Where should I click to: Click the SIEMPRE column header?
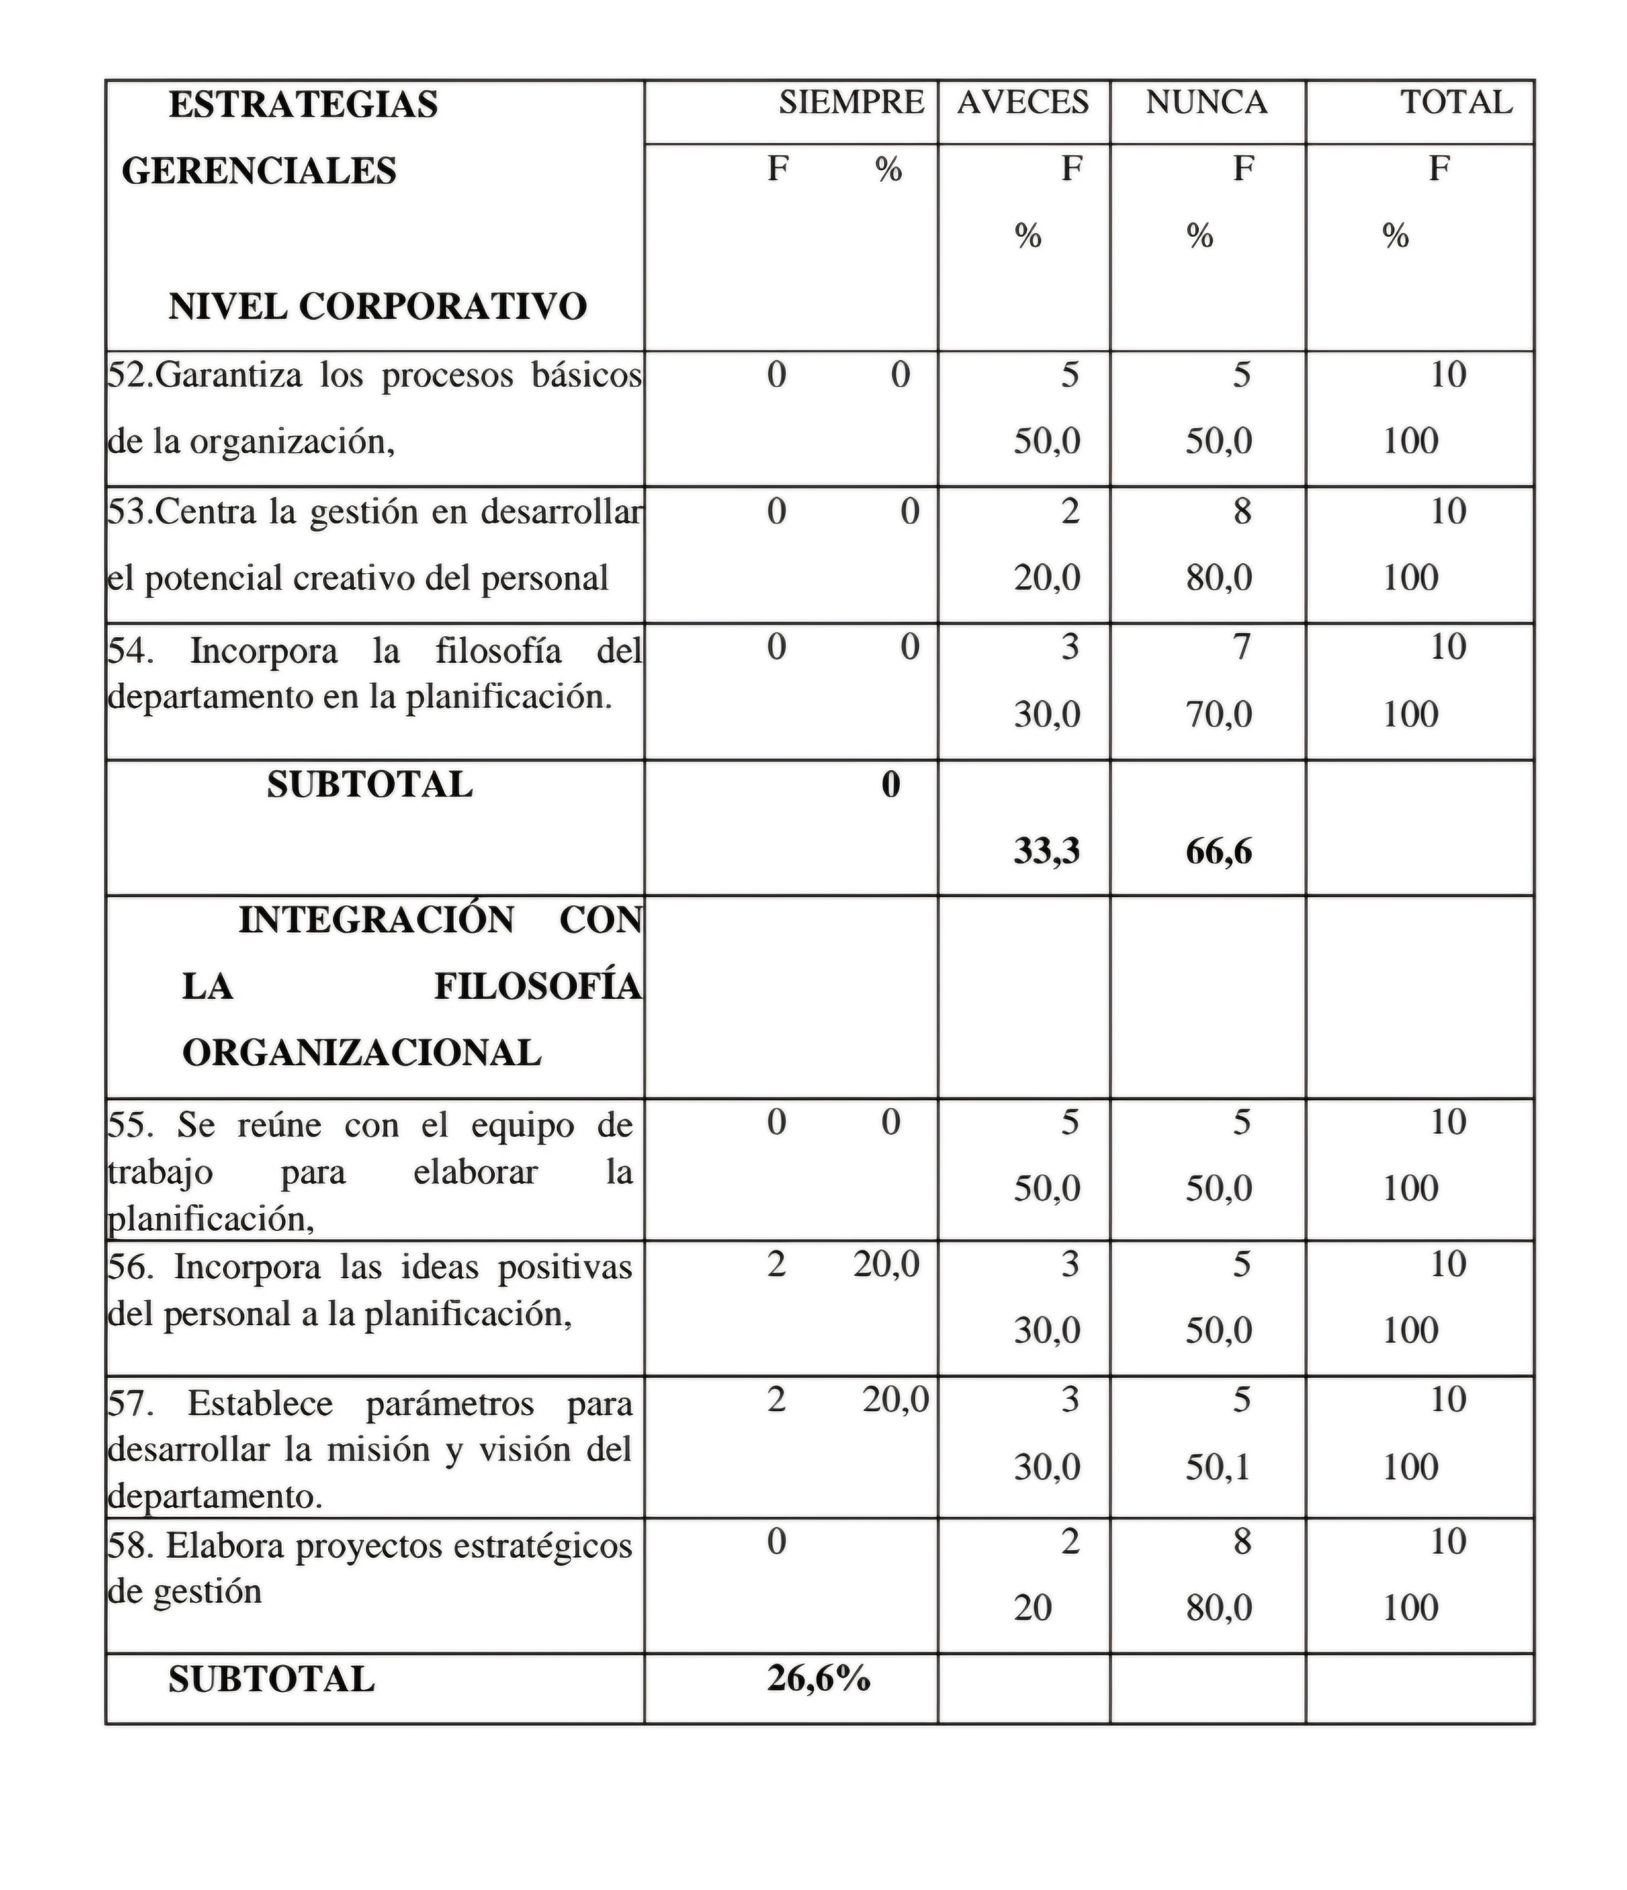click(x=851, y=102)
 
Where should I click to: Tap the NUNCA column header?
click(x=1207, y=102)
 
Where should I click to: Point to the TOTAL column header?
click(x=1456, y=102)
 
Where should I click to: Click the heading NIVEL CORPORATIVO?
click(x=377, y=306)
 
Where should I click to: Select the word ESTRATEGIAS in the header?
click(x=303, y=105)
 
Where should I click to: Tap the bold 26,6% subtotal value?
click(x=818, y=1677)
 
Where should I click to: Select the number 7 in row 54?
click(x=1242, y=647)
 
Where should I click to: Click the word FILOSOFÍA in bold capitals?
click(x=537, y=987)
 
